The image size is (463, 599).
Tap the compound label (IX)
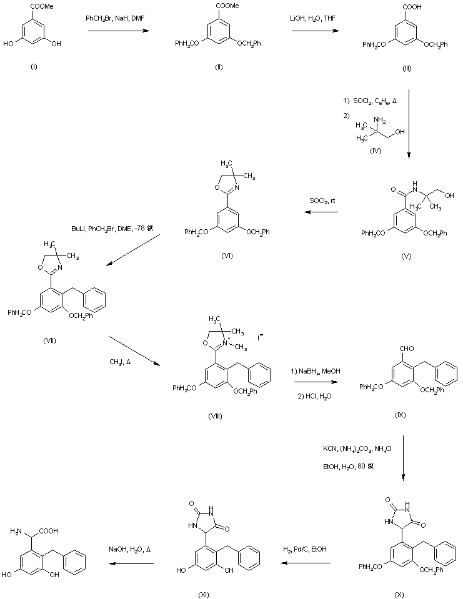click(401, 415)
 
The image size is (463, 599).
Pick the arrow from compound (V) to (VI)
click(321, 213)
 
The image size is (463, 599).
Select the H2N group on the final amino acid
click(19, 532)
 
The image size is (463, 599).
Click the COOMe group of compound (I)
click(36, 7)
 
